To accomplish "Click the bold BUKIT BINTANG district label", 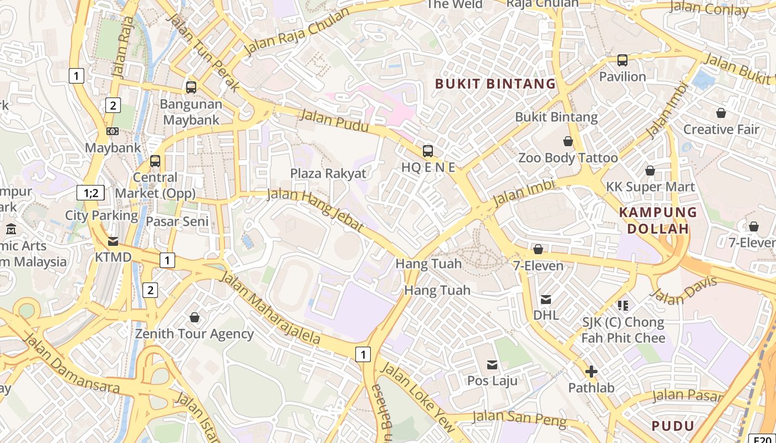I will [x=495, y=84].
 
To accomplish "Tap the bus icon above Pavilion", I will [x=622, y=60].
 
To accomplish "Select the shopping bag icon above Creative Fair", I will [x=721, y=113].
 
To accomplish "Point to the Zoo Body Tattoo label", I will [x=568, y=158].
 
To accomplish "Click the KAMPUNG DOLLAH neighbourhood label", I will [x=657, y=220].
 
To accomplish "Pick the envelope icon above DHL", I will [x=546, y=300].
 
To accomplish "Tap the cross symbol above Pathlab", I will [x=591, y=372].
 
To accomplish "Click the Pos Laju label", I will [x=492, y=381].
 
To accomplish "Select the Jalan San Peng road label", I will [x=520, y=419].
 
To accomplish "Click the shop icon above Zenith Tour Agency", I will [x=195, y=317].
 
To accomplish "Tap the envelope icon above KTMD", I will [x=113, y=241].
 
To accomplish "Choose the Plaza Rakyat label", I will [x=328, y=173].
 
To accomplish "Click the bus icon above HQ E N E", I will [x=428, y=151].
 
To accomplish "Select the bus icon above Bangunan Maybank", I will [x=191, y=87].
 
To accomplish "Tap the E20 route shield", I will [x=762, y=437].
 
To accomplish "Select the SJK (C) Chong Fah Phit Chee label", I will [x=623, y=330].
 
